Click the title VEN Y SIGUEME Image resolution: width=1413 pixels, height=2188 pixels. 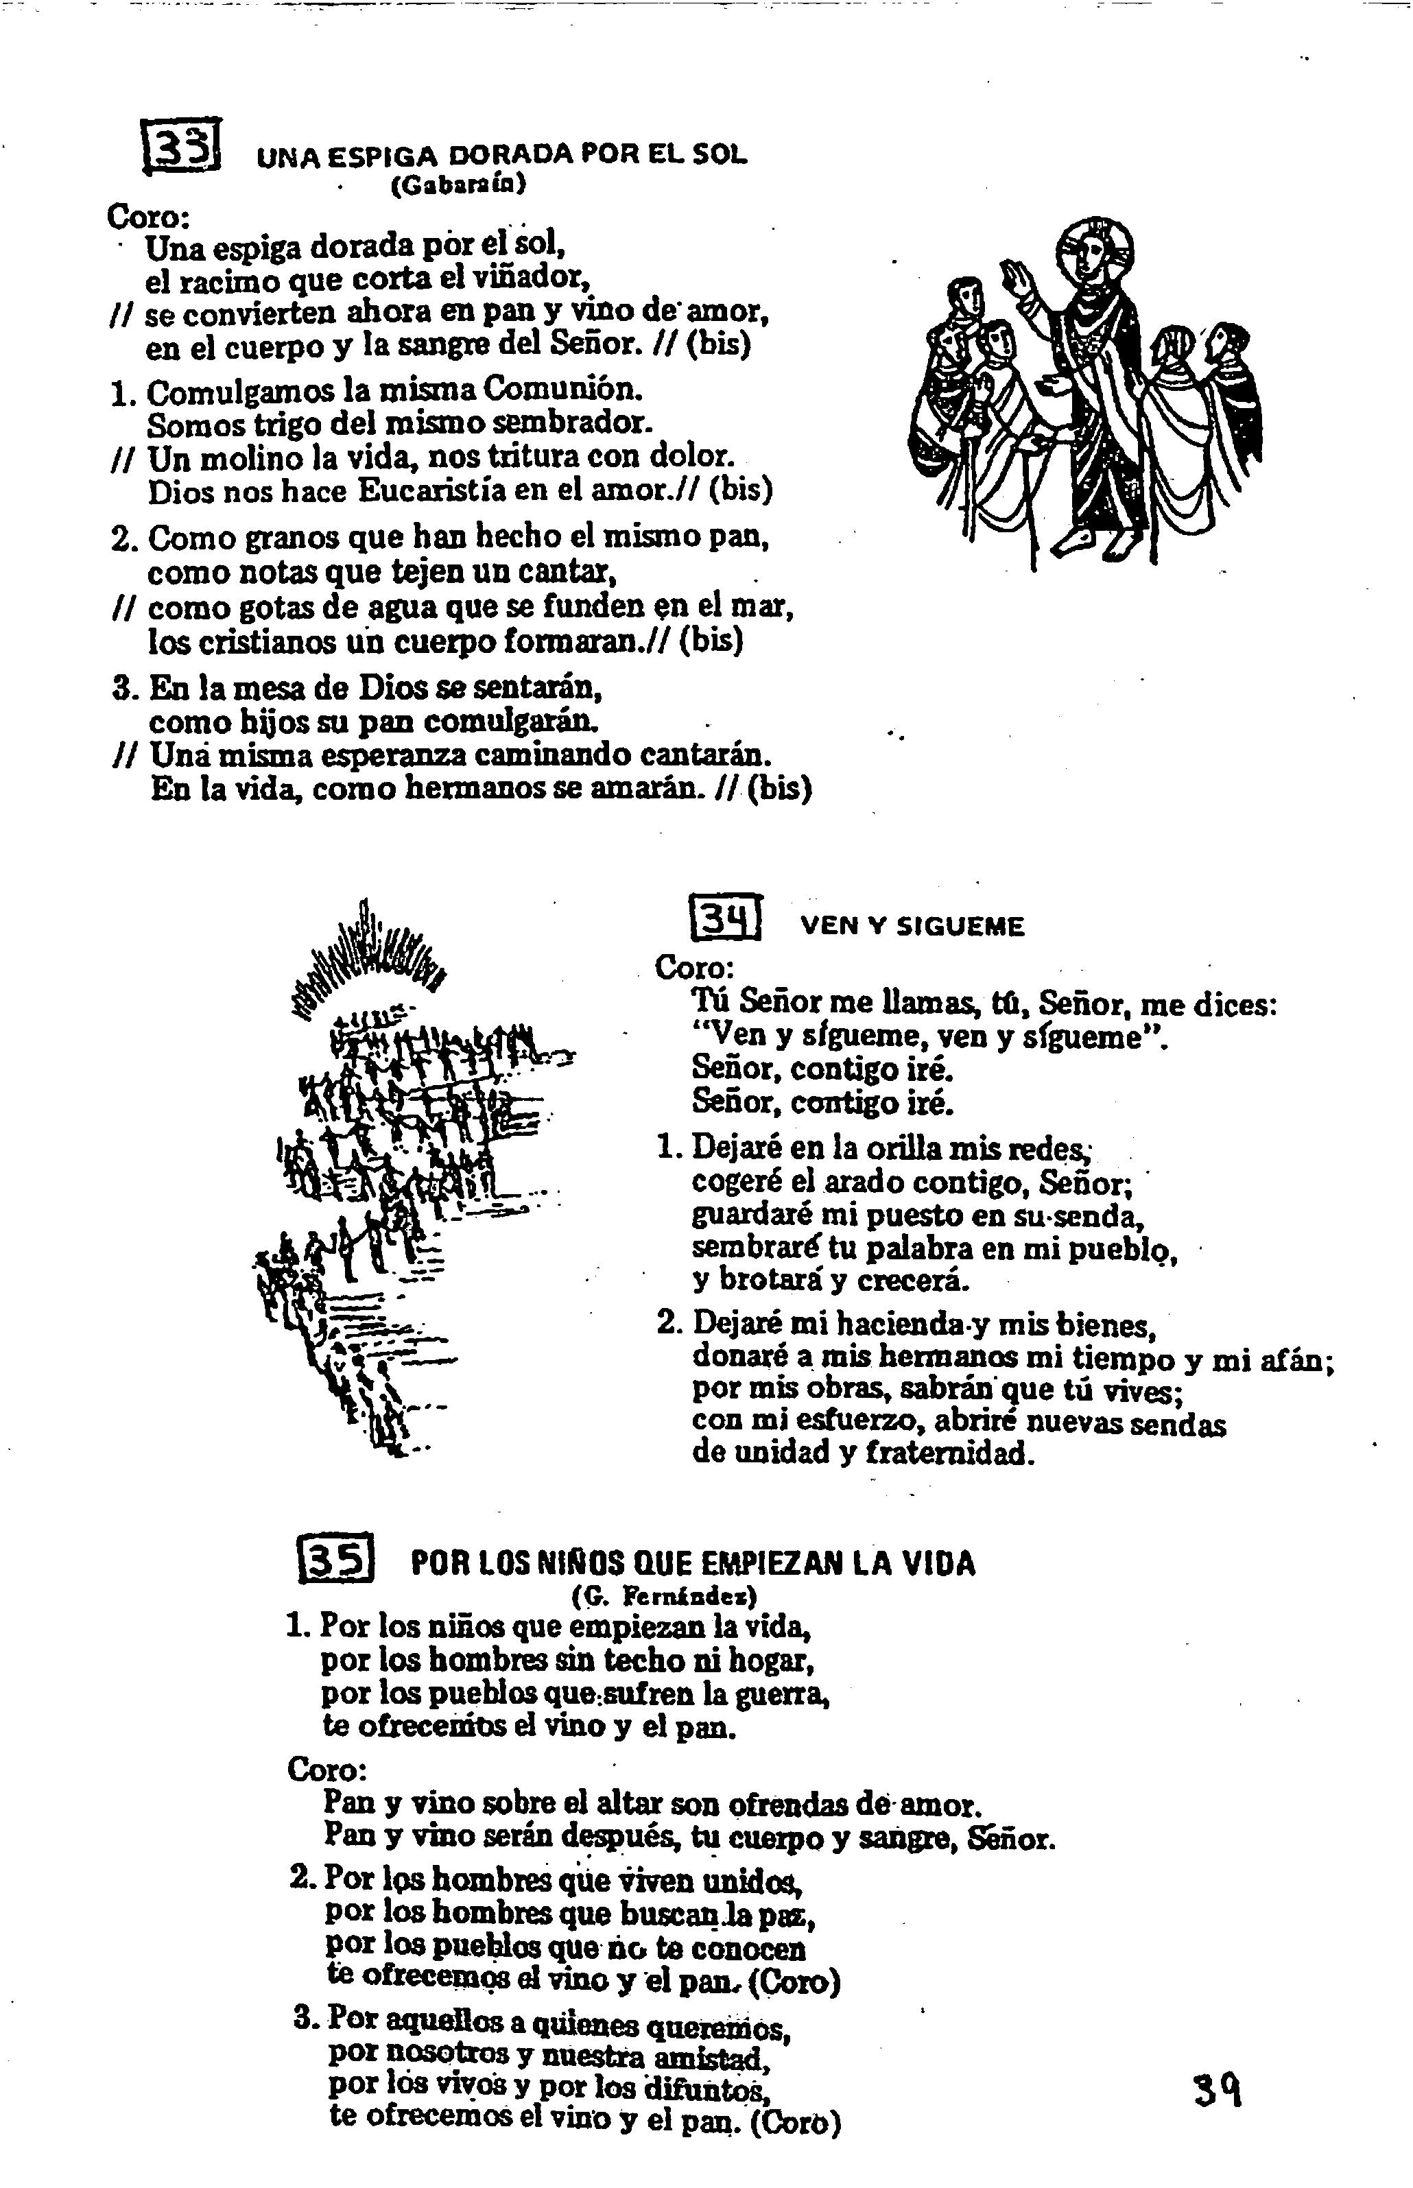(x=912, y=927)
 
